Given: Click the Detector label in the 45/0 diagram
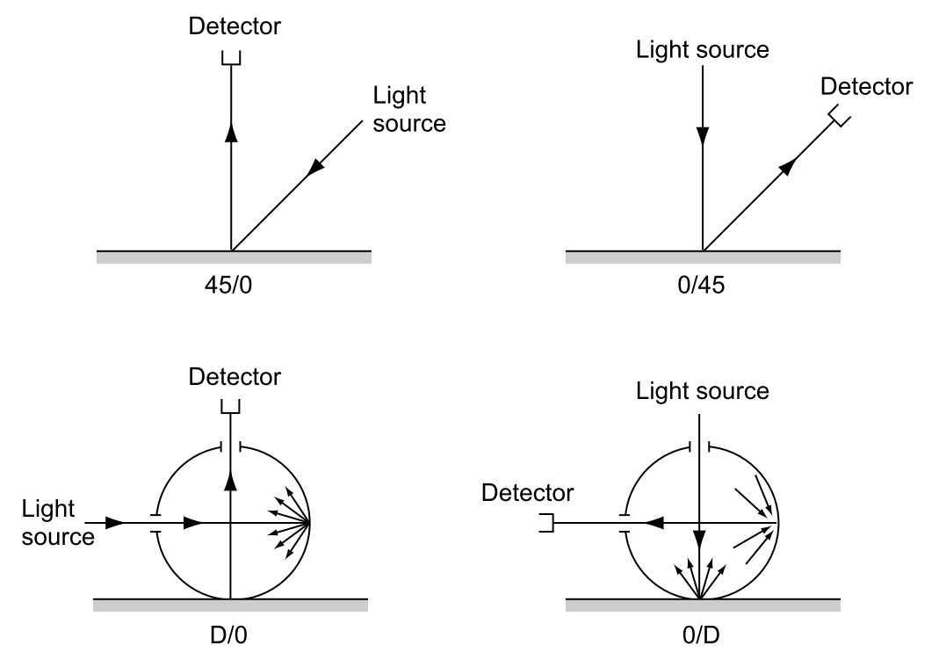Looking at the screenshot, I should tap(235, 26).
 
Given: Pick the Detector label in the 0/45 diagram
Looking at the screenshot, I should tap(866, 86).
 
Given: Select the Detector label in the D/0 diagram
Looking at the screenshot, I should tap(235, 377).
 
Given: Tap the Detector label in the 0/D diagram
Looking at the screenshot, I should tap(527, 493).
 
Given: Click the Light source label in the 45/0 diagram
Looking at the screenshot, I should tap(409, 109).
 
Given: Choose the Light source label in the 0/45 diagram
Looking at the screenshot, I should tap(702, 49).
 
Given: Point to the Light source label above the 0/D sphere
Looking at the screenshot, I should tap(702, 390).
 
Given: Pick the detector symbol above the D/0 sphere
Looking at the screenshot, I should tap(230, 408).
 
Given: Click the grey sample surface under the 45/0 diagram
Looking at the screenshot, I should tap(233, 257).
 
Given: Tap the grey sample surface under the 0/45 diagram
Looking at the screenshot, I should tap(702, 257).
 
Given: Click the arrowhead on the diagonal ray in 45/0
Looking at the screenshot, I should tap(313, 169).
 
